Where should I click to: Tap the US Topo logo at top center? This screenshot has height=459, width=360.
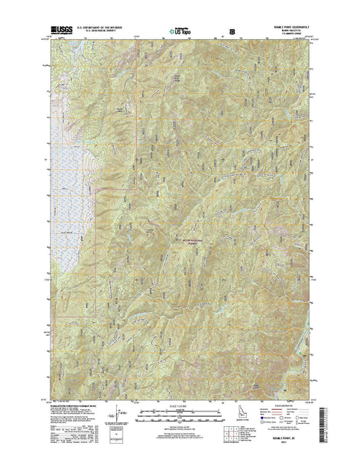pyautogui.click(x=181, y=32)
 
